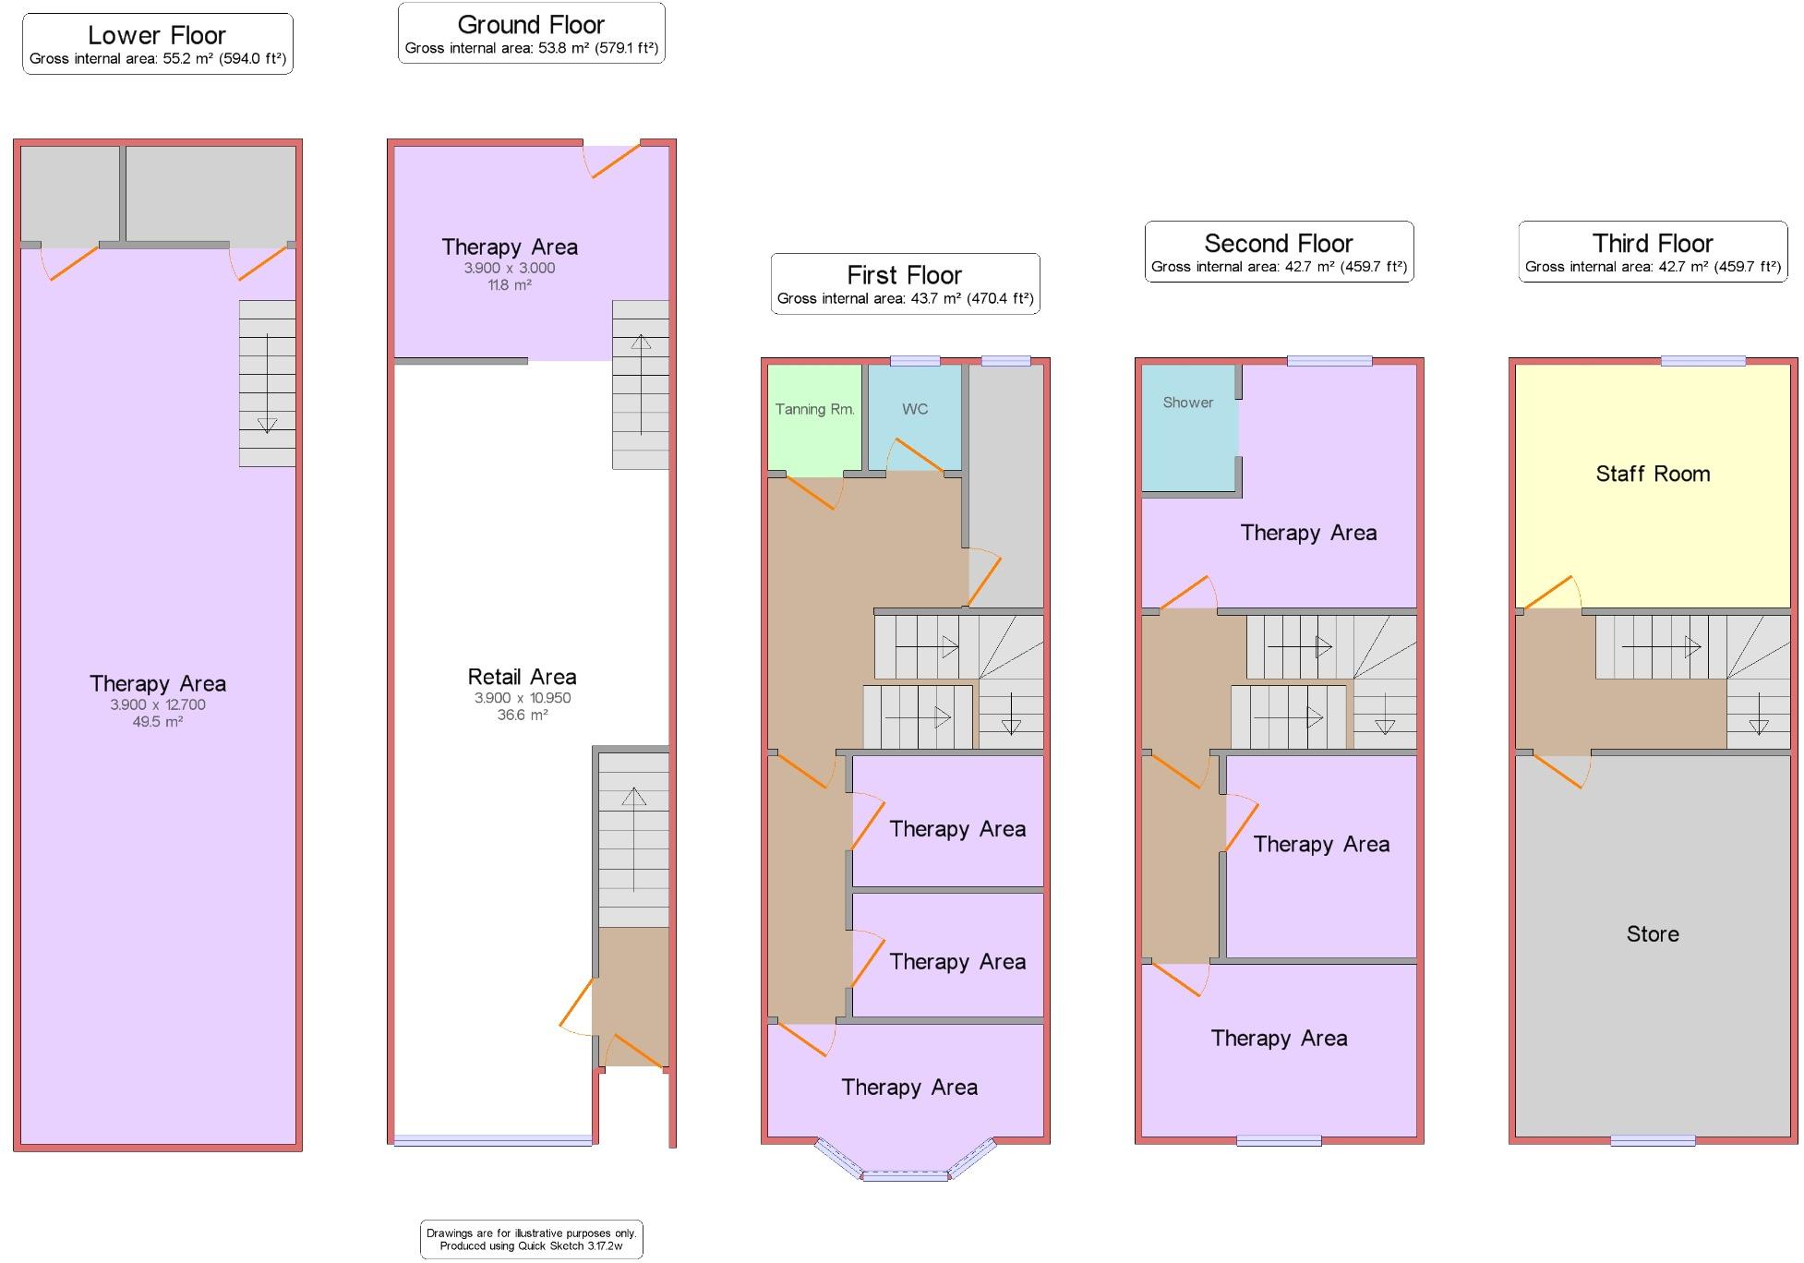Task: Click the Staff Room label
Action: [x=1652, y=474]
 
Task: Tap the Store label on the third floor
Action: [x=1652, y=933]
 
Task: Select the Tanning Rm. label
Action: [x=814, y=409]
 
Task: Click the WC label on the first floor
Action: [x=914, y=409]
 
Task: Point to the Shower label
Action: [x=1187, y=403]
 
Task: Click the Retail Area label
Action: [x=522, y=677]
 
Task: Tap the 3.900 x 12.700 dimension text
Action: [x=157, y=704]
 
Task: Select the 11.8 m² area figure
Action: [x=509, y=285]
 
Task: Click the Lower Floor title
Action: [x=157, y=35]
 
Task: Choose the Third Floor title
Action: [x=1652, y=243]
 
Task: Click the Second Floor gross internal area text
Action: [x=1279, y=267]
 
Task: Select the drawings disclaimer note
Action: [x=531, y=1239]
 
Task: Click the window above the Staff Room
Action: [x=1702, y=361]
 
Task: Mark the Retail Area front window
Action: [x=492, y=1140]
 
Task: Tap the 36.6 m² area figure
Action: [x=522, y=715]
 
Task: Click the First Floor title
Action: [x=904, y=275]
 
